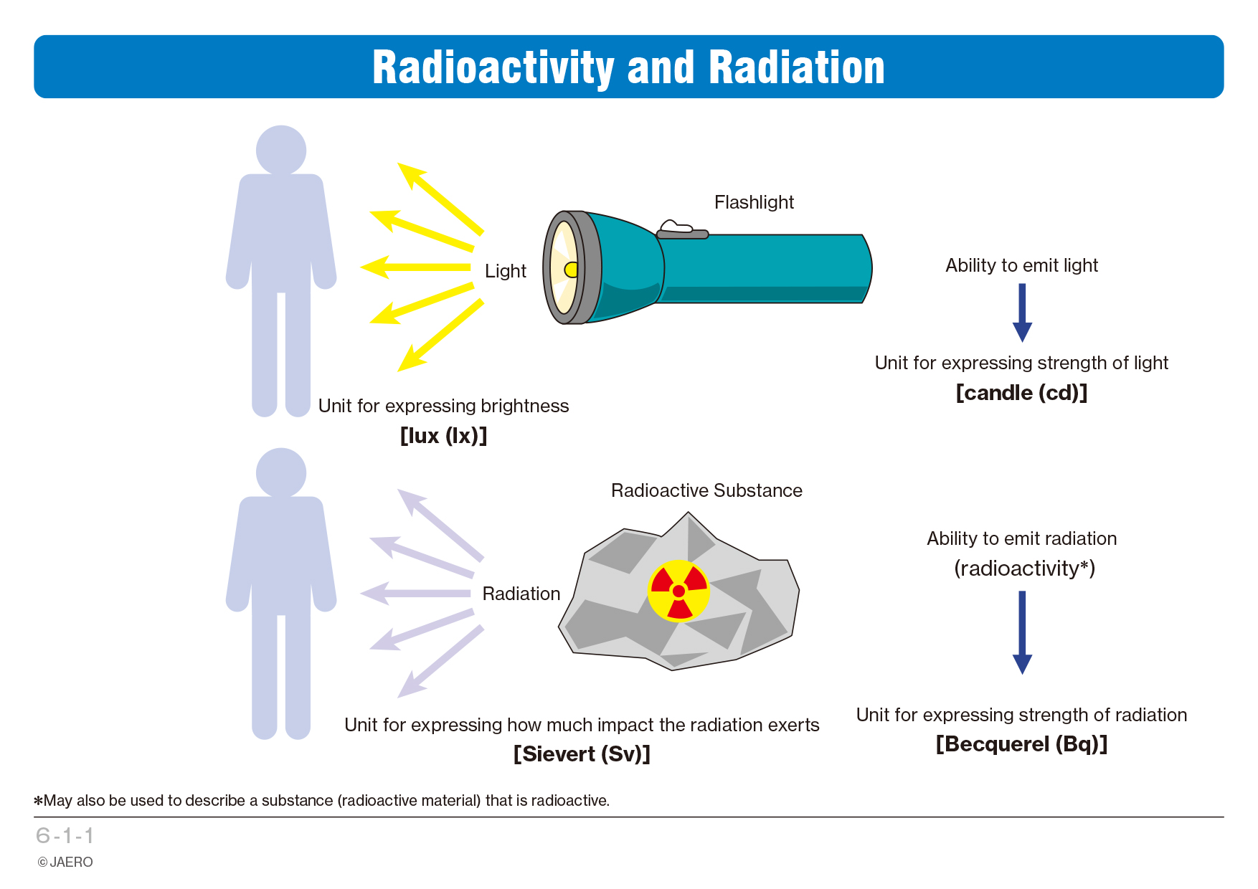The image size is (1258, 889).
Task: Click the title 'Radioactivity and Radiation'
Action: (628, 67)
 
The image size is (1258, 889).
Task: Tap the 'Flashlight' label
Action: (754, 202)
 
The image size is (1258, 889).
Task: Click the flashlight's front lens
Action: (564, 268)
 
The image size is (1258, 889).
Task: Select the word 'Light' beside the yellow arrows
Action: (506, 271)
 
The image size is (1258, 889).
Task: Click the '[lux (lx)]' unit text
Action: (443, 435)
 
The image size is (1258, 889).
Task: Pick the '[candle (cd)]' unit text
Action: (1021, 393)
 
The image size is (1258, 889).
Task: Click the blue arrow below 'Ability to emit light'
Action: (1022, 313)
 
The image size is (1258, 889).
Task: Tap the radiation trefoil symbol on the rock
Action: (678, 591)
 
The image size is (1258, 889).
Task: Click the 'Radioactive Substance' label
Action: (706, 490)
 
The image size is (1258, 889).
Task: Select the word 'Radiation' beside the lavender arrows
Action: (521, 594)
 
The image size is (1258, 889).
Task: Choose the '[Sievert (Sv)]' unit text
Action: (582, 754)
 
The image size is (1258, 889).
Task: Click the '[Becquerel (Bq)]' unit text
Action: (1021, 744)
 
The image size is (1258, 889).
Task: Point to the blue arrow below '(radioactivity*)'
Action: (1022, 632)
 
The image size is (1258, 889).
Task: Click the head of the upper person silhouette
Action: (281, 151)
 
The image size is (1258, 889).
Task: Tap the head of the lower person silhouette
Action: (281, 473)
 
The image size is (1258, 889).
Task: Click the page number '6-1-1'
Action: (65, 836)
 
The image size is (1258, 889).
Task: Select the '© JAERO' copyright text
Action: (65, 862)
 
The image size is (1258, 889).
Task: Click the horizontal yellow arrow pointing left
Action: (415, 267)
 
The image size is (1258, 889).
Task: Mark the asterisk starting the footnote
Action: (39, 800)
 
